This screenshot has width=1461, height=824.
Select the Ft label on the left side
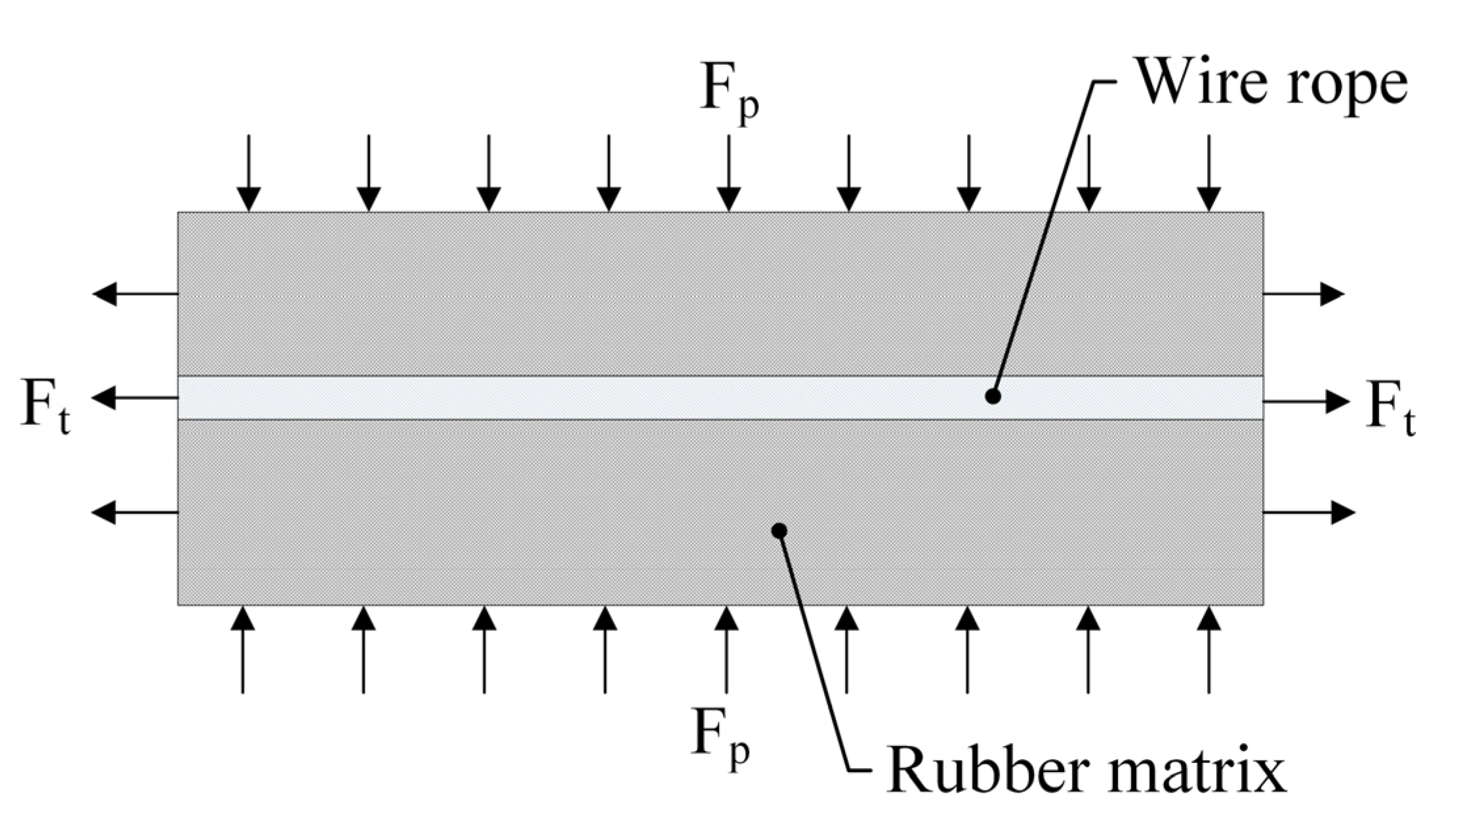[45, 407]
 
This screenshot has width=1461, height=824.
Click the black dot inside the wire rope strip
[993, 397]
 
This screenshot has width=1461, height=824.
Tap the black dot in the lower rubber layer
[779, 531]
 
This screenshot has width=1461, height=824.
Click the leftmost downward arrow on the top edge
[249, 173]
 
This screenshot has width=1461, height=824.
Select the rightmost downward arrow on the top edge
[1208, 173]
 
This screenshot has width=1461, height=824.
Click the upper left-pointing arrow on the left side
[135, 293]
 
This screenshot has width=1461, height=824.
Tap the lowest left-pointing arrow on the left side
[134, 512]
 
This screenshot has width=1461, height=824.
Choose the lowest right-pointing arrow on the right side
[1309, 512]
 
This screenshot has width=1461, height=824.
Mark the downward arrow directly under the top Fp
[728, 173]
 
